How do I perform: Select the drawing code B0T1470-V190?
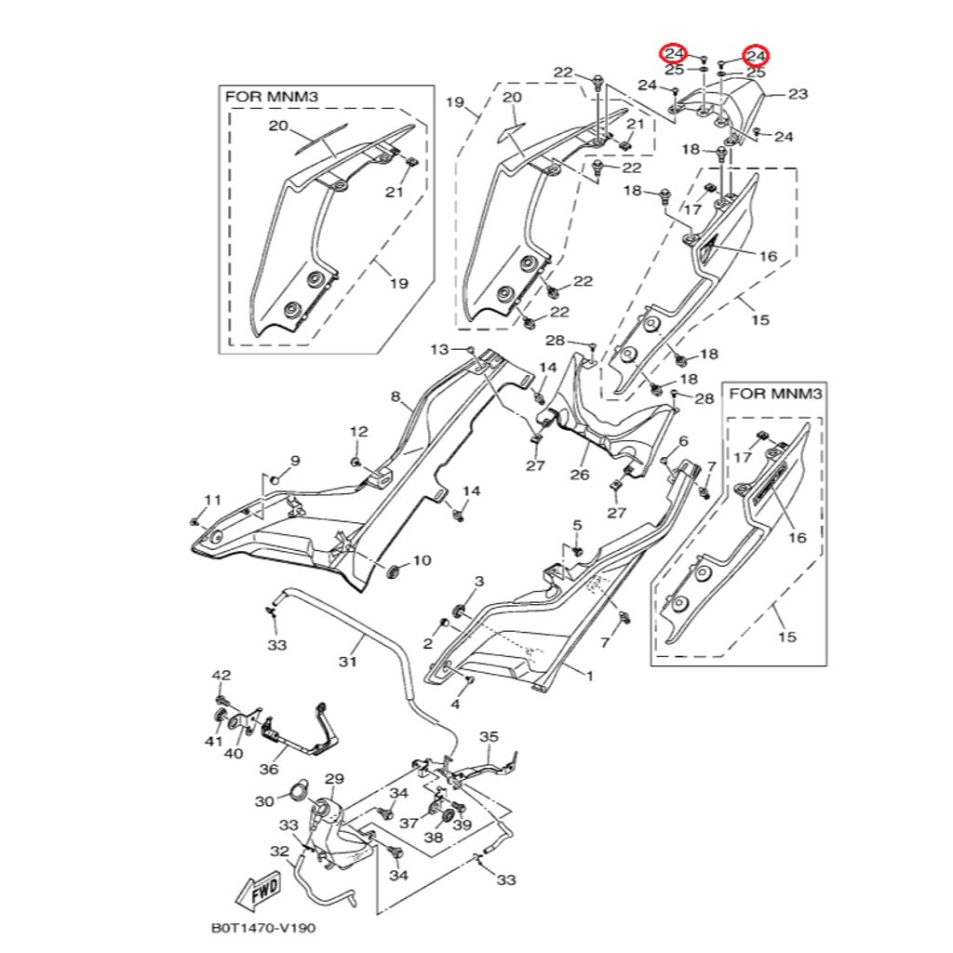point(269,928)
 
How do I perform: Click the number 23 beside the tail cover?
point(799,94)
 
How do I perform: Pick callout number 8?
point(396,397)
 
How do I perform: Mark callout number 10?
point(422,560)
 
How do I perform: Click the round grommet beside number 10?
point(392,569)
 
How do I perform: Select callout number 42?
point(221,675)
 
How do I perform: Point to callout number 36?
point(269,770)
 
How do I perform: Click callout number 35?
point(490,737)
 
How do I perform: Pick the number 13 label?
point(439,349)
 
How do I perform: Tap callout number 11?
point(213,501)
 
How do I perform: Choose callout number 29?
point(334,778)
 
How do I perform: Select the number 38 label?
point(434,837)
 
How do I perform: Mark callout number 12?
point(359,432)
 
